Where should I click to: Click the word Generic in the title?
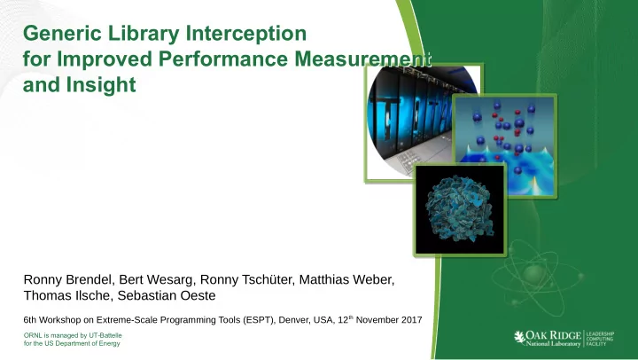(62, 34)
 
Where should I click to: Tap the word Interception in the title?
(245, 34)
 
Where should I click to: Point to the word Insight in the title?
(101, 85)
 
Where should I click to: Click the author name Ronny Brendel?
(67, 280)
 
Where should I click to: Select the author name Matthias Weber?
(346, 280)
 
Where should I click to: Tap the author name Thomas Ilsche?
(67, 295)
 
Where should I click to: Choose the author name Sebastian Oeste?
(167, 295)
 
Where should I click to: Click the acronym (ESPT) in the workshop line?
(259, 320)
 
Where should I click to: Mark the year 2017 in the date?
(412, 320)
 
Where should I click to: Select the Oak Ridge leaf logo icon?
(519, 337)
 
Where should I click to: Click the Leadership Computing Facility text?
(600, 339)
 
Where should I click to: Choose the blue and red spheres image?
(504, 145)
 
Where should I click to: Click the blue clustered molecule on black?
(460, 209)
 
